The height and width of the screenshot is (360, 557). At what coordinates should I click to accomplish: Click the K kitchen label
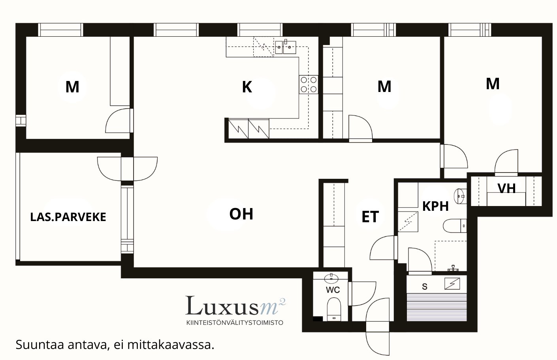coord(247,87)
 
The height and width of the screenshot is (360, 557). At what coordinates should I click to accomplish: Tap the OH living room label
coord(241,214)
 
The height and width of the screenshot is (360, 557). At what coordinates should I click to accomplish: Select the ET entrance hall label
coord(370,217)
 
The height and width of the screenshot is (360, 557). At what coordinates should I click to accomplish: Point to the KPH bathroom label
coord(435,206)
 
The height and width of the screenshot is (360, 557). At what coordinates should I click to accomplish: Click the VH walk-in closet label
coord(506,188)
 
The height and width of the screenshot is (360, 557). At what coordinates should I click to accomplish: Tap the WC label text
coord(333,290)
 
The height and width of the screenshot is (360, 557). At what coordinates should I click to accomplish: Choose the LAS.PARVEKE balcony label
coord(68,217)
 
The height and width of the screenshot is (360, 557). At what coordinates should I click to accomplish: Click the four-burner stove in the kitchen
coord(309,84)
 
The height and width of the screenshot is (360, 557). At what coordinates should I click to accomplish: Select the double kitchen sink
coord(286,47)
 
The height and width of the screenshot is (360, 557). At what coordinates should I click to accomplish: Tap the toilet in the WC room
coord(333,309)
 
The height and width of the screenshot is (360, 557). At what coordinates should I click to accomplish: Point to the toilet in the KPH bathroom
coord(455,225)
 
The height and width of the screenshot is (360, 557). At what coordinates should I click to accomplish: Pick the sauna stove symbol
coord(452,284)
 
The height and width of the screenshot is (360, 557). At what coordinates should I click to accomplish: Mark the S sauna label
coord(425,287)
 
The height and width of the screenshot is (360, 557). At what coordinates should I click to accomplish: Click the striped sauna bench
coord(437,307)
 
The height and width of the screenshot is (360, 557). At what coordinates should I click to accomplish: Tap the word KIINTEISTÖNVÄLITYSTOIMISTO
coord(235,323)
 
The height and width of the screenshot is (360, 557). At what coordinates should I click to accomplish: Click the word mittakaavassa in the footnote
coord(171,345)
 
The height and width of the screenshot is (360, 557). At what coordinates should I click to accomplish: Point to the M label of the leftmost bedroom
coord(72,87)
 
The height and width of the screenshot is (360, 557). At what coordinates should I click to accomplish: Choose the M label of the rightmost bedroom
coord(493,84)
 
